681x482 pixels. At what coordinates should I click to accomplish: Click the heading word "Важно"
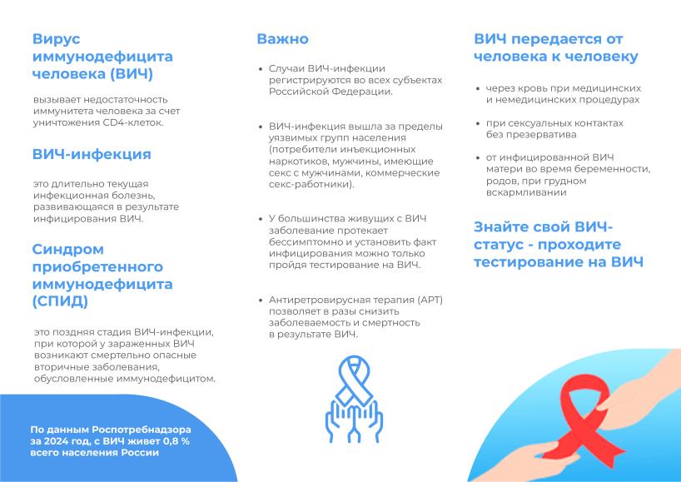pyautogui.click(x=283, y=39)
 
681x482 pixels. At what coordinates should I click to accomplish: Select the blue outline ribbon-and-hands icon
pyautogui.click(x=354, y=400)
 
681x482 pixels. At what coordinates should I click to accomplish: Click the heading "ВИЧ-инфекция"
pyautogui.click(x=92, y=154)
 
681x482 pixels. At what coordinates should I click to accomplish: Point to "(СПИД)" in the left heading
pyautogui.click(x=61, y=301)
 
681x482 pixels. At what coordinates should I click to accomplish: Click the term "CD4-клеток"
pyautogui.click(x=133, y=122)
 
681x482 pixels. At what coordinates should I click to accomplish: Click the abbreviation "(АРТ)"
pyautogui.click(x=430, y=300)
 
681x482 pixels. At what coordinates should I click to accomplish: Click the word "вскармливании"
pyautogui.click(x=526, y=192)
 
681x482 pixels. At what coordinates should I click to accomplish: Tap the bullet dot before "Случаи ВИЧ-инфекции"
pyautogui.click(x=261, y=69)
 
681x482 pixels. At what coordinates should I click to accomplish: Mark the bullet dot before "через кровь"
pyautogui.click(x=478, y=89)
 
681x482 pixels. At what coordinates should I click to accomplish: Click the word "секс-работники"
pyautogui.click(x=310, y=184)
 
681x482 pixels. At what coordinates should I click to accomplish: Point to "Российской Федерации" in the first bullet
pyautogui.click(x=330, y=92)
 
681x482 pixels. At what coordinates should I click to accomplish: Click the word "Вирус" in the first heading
pyautogui.click(x=57, y=39)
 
